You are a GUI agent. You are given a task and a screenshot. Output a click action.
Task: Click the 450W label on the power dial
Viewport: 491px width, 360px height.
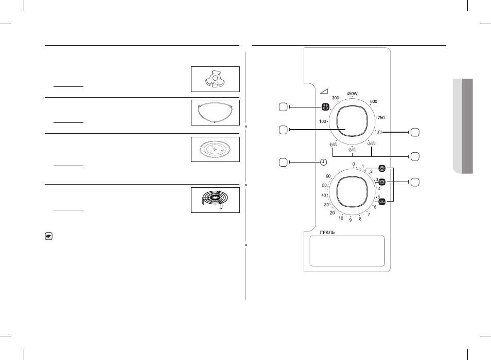(x=352, y=94)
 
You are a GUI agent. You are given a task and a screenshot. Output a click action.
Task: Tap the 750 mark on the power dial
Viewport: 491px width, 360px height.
(x=381, y=118)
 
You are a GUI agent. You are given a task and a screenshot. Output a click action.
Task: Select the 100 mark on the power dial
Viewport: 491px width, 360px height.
(x=323, y=121)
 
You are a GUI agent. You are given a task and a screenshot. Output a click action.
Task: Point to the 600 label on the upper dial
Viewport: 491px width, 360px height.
(x=374, y=101)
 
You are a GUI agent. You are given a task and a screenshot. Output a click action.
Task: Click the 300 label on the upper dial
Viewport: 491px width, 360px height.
(x=336, y=98)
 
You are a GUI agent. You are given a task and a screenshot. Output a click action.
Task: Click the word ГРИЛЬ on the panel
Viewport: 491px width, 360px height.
(x=327, y=232)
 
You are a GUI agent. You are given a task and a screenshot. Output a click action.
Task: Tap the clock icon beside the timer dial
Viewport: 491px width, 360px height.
(x=323, y=163)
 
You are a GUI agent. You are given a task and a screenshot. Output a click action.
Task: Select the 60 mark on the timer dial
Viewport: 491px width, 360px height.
(x=328, y=176)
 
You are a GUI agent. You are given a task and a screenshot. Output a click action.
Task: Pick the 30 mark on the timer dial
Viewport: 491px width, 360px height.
(x=326, y=205)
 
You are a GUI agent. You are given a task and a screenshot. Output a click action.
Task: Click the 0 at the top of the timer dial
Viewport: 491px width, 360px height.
(x=354, y=164)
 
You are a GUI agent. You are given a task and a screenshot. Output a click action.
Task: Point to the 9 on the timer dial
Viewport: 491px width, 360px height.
(x=350, y=220)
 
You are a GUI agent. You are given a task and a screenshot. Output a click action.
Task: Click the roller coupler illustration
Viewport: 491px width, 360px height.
(x=215, y=79)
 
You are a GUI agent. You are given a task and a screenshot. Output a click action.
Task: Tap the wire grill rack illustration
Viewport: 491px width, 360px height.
(x=215, y=199)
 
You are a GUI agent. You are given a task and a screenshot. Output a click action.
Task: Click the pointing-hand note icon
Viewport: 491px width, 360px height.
(x=48, y=237)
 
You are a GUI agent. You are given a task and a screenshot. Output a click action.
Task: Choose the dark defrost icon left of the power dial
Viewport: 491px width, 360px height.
(x=325, y=106)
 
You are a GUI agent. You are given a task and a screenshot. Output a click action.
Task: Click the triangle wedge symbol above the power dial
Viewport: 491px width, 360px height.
(x=324, y=91)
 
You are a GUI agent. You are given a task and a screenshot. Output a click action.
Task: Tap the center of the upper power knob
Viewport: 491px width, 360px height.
(x=352, y=121)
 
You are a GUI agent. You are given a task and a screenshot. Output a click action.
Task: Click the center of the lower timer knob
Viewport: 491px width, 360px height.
(x=352, y=192)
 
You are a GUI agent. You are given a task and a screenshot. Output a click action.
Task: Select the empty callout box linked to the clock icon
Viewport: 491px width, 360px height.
(x=283, y=163)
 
